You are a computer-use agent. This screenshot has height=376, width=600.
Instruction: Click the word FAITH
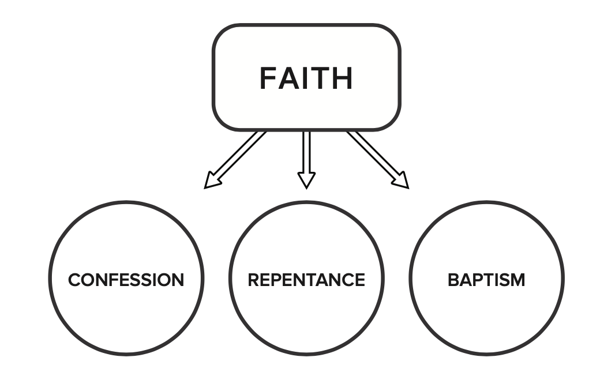coord(306,78)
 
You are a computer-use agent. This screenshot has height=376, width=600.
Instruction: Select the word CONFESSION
coord(126,280)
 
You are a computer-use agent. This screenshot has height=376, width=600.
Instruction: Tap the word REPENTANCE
coord(306,280)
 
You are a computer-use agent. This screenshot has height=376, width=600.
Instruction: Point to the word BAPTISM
coord(486,280)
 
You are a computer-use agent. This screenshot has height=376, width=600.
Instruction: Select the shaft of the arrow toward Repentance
coord(306,151)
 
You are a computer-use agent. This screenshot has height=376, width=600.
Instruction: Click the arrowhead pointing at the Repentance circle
coord(306,179)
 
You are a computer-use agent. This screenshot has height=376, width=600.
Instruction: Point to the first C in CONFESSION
coord(74,280)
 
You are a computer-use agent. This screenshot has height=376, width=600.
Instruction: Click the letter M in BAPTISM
coord(517,280)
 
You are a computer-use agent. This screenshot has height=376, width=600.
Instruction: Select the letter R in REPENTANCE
coord(253,280)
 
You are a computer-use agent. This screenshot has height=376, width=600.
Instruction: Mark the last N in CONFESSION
coord(178,280)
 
